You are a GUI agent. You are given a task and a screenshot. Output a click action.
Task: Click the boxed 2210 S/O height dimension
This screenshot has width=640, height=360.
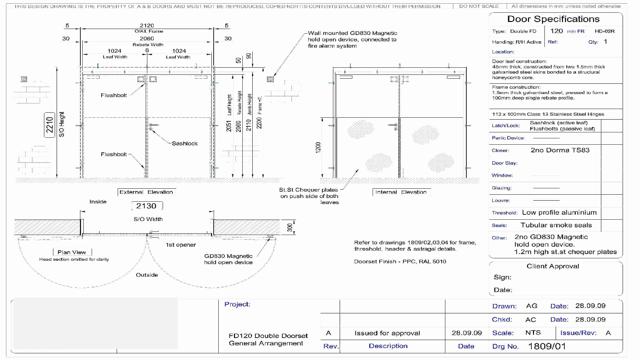pos(50,125)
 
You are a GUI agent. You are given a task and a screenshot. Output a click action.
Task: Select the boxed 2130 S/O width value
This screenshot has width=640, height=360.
pos(146,206)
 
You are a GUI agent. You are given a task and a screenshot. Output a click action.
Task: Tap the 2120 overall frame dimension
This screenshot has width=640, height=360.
pos(147,26)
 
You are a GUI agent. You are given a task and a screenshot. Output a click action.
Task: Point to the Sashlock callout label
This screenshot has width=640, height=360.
pos(185,143)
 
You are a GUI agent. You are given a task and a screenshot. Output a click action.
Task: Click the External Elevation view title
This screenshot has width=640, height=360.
pos(146,192)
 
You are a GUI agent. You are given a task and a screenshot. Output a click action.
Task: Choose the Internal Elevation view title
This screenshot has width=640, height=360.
pos(401,192)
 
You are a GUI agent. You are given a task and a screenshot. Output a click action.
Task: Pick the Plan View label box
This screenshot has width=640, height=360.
pos(72,252)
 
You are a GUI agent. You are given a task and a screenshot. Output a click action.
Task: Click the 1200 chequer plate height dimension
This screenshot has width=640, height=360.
pos(318,147)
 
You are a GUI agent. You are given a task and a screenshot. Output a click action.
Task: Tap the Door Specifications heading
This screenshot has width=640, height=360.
pos(553,19)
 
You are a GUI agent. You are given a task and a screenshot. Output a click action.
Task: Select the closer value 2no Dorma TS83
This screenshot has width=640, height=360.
pos(560,150)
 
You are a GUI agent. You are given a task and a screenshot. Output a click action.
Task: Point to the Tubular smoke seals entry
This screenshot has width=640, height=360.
pos(556,225)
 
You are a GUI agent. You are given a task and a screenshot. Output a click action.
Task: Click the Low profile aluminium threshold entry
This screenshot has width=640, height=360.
pos(559,213)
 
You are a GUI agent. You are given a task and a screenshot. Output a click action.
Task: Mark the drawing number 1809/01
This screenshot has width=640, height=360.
pos(547,346)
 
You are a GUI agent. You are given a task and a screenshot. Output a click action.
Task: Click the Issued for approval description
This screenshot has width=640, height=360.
pos(387,333)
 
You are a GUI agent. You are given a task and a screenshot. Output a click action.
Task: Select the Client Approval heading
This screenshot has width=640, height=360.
pos(553,266)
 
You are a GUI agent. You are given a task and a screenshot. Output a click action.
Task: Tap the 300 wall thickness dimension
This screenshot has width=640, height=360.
pos(290,227)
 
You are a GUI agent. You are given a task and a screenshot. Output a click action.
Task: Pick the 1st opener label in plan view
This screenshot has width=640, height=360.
pos(181,245)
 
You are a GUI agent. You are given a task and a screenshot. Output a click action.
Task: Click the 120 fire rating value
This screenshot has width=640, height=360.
pos(556,31)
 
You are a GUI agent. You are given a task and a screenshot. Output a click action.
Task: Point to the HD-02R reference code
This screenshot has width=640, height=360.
pos(605,31)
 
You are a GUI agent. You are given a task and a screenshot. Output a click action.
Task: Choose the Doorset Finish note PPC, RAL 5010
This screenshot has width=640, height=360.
pos(400,262)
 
